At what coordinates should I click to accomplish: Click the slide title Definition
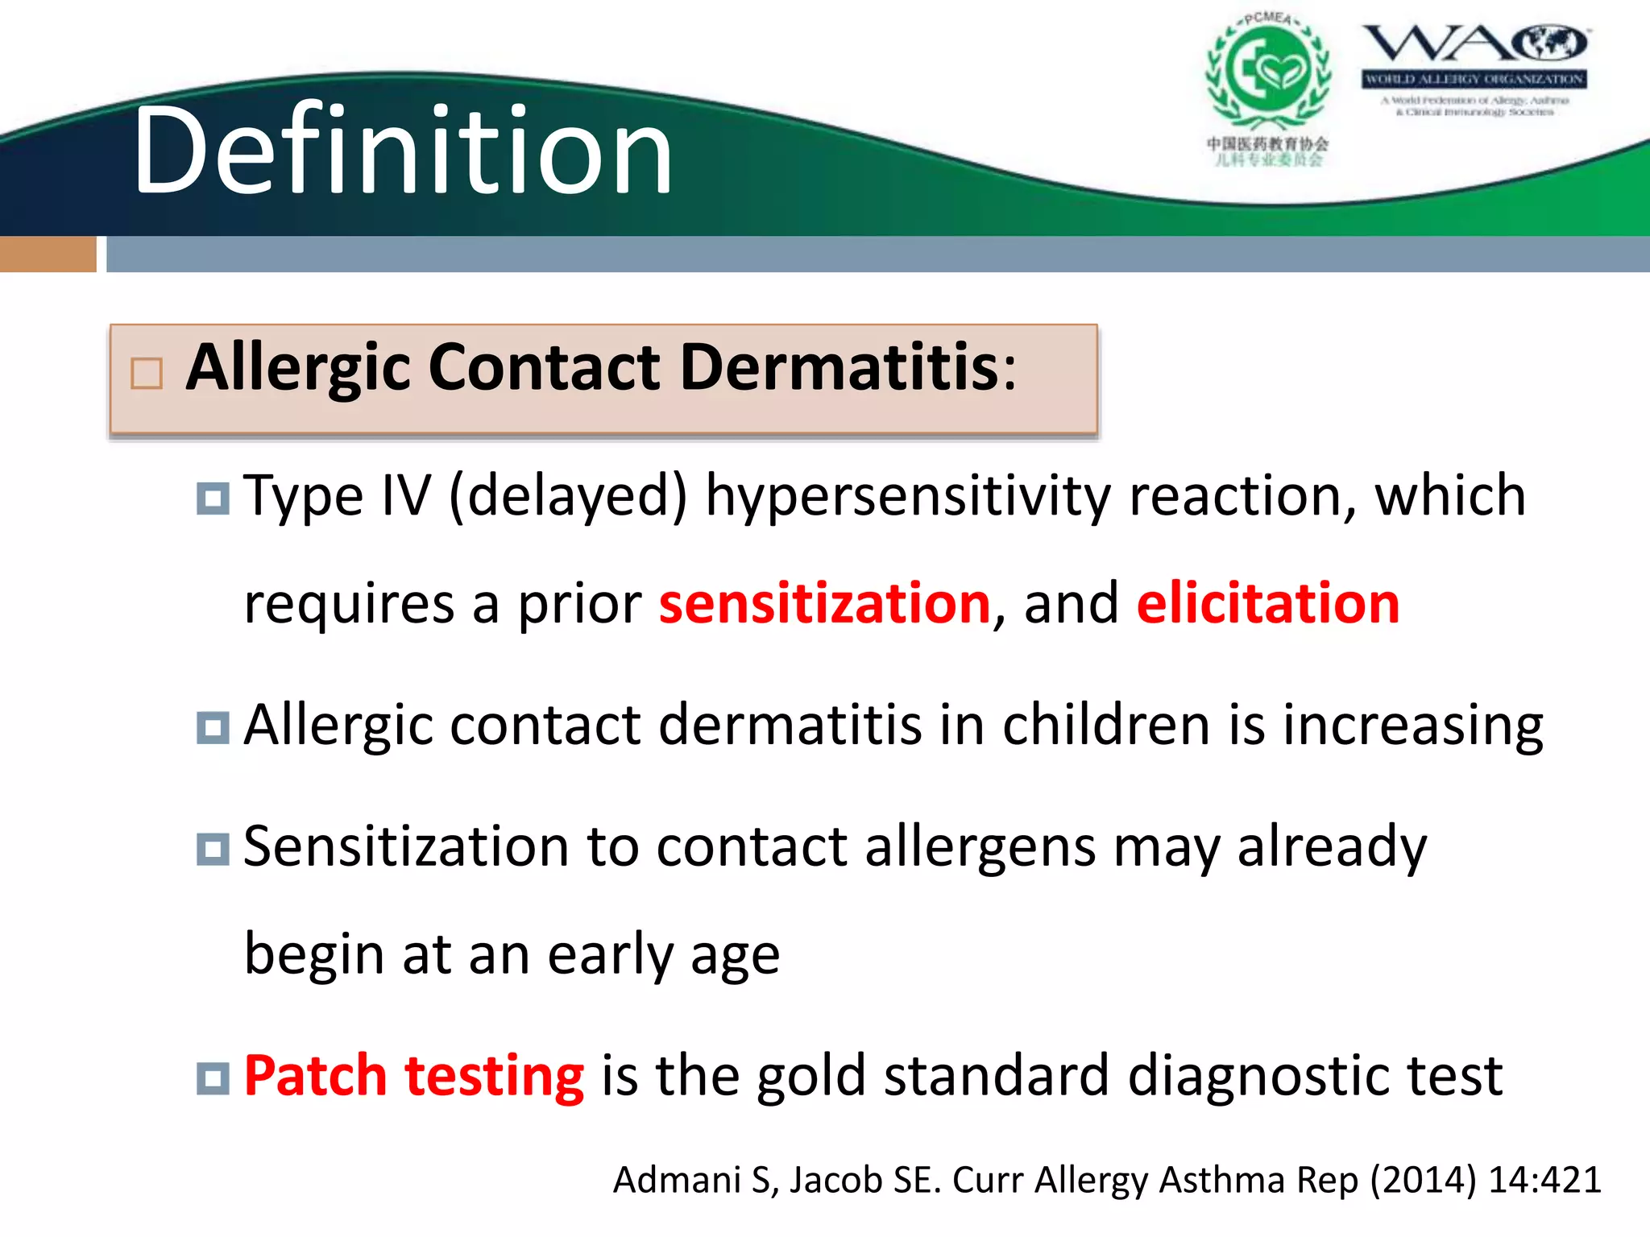click(x=403, y=151)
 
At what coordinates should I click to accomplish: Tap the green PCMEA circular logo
click(x=1267, y=72)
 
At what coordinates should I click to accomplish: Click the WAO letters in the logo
click(x=1474, y=43)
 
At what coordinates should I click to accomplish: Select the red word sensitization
click(x=824, y=603)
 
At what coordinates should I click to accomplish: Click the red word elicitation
click(x=1268, y=603)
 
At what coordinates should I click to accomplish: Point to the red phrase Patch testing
click(x=413, y=1076)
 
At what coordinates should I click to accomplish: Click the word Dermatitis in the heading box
click(x=840, y=367)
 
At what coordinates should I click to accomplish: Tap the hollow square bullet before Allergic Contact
click(x=147, y=374)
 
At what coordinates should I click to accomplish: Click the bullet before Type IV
click(x=213, y=499)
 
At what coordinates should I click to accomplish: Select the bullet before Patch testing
click(x=213, y=1078)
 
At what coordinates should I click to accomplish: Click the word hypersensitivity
click(x=907, y=496)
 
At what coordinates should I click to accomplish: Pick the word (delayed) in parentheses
click(x=568, y=496)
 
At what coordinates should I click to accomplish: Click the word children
click(x=1106, y=725)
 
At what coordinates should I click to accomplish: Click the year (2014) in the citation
click(x=1424, y=1180)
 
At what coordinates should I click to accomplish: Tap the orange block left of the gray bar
click(x=48, y=254)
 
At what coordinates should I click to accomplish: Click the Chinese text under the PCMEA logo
click(x=1267, y=151)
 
